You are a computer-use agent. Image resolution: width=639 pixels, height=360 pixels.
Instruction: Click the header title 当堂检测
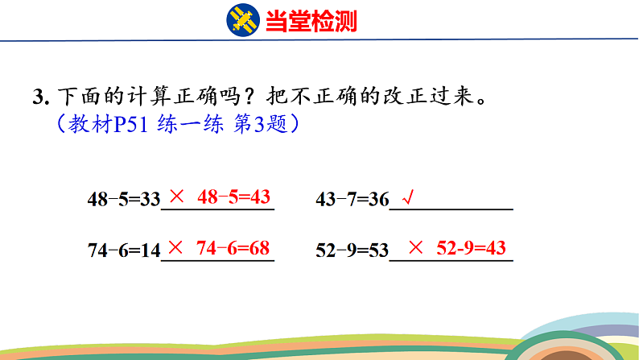(x=311, y=20)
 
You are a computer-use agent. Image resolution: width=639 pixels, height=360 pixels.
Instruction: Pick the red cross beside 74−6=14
(x=178, y=248)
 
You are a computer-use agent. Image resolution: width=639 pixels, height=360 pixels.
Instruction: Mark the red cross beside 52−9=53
(x=416, y=248)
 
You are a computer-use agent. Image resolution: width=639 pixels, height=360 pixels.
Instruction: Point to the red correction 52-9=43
(x=471, y=248)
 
